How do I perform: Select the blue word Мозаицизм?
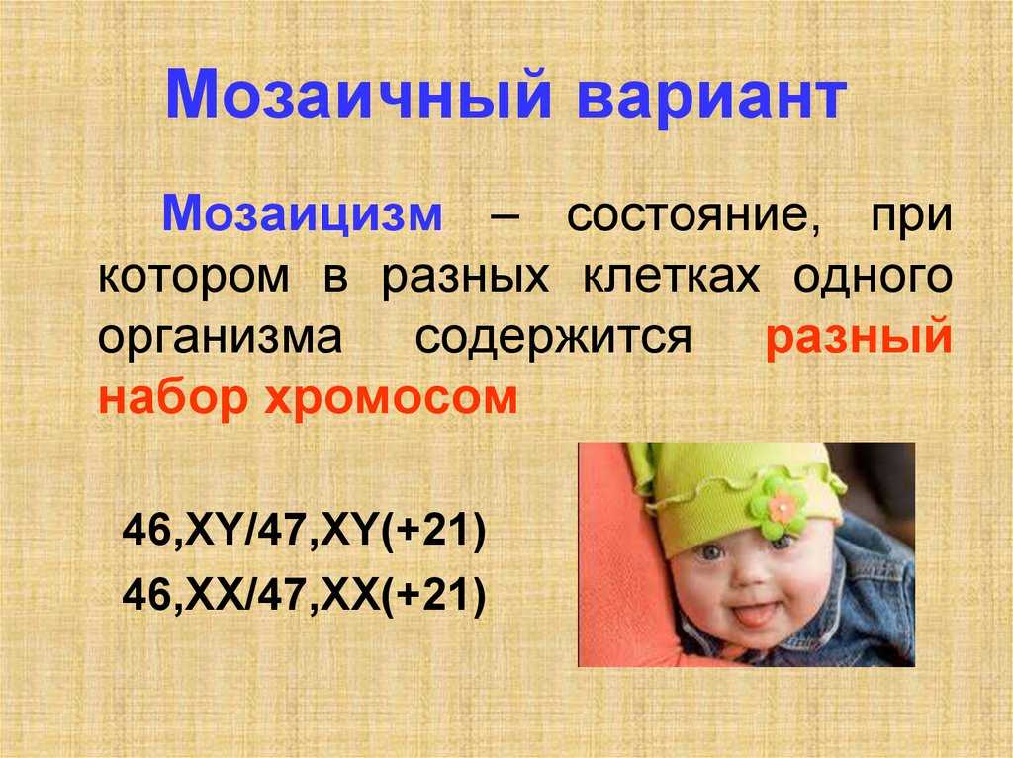(303, 214)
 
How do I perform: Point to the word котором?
(194, 278)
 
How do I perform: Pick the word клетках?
(672, 277)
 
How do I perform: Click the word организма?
(221, 338)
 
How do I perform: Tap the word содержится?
(554, 338)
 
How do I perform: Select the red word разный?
(859, 337)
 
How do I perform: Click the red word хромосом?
(391, 399)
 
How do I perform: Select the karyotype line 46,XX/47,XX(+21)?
(304, 594)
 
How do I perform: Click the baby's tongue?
(752, 616)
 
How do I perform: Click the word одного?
(873, 278)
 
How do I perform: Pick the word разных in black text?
(465, 278)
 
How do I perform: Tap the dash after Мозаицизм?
(505, 217)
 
